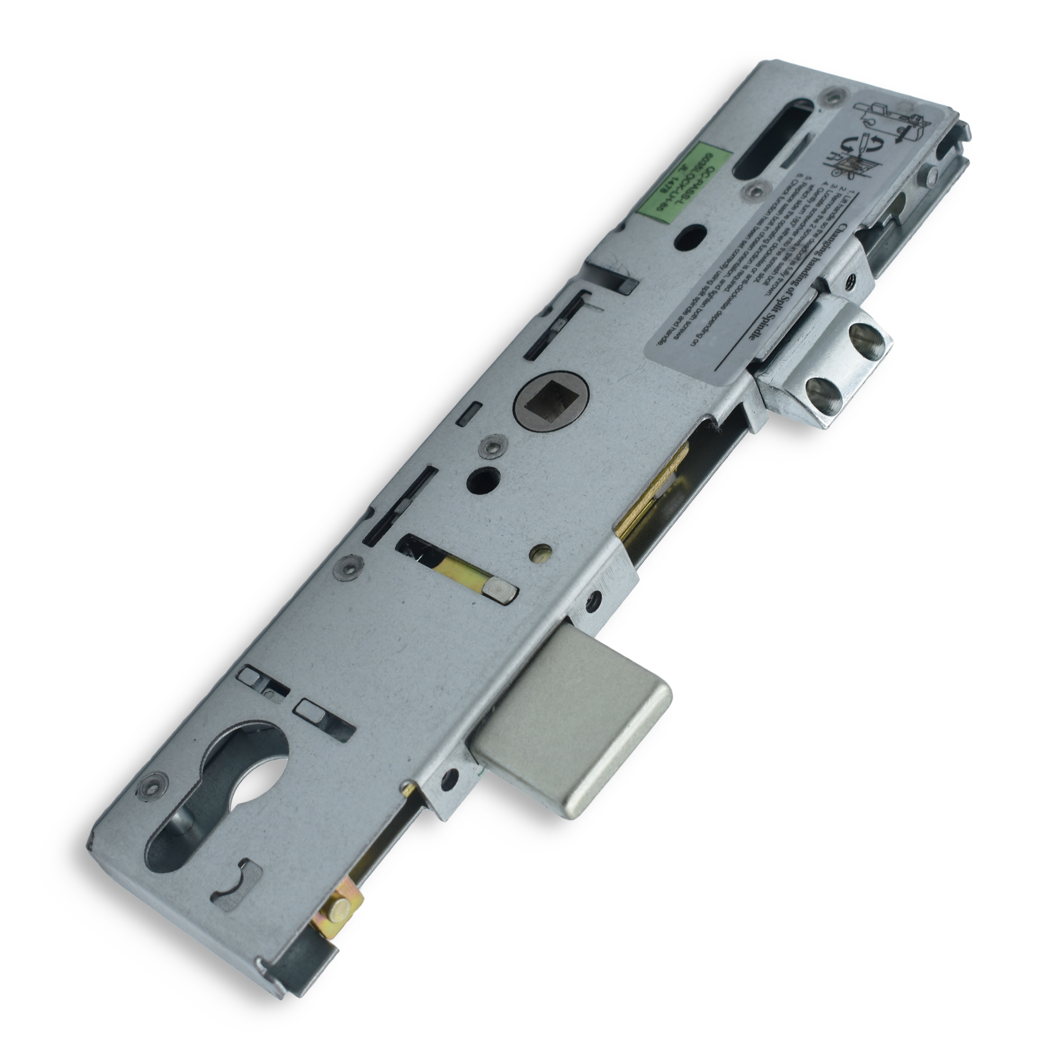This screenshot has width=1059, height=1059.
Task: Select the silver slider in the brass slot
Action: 500,591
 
